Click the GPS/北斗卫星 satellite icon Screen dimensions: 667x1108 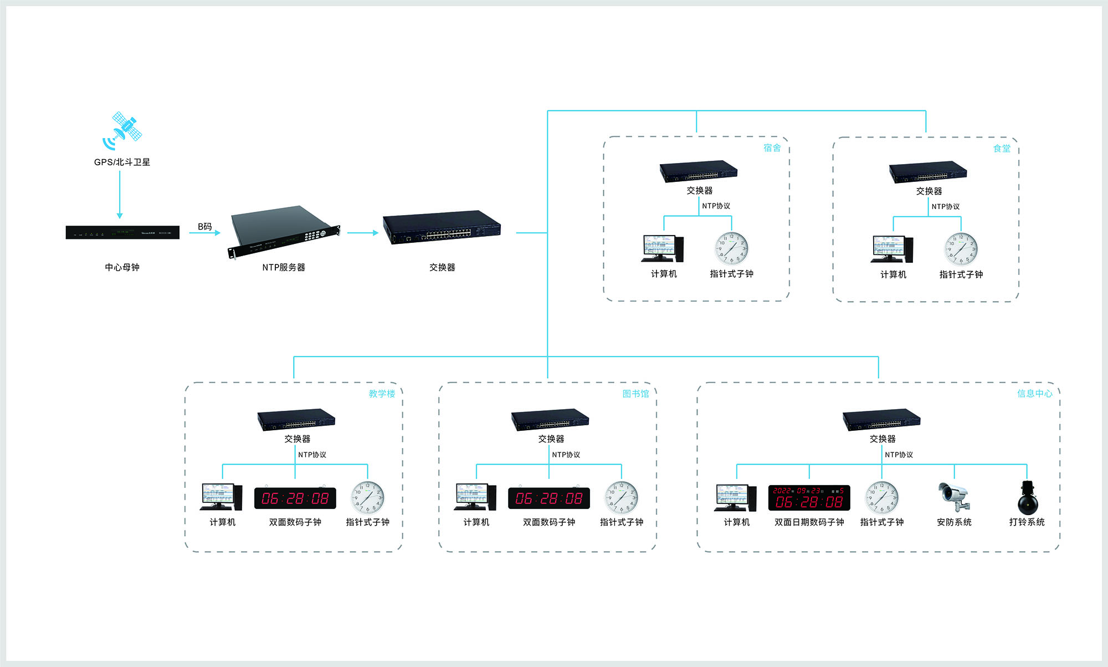coord(122,130)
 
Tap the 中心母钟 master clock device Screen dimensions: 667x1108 coord(122,232)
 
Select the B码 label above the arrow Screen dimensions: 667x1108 coord(205,226)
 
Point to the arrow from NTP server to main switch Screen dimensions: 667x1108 coord(362,233)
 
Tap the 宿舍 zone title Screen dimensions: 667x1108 coord(772,147)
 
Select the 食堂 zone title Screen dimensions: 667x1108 coord(1002,148)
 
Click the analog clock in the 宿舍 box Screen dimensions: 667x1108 coord(731,248)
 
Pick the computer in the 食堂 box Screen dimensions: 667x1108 coord(892,249)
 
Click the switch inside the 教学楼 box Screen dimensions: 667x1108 coord(296,420)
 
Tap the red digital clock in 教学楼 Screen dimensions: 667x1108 coord(295,498)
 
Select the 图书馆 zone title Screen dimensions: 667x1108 coord(635,394)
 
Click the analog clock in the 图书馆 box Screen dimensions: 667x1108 coord(621,497)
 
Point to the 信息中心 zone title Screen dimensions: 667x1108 coord(1034,394)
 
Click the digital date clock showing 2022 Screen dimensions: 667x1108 coord(809,497)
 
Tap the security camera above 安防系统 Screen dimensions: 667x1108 coord(954,496)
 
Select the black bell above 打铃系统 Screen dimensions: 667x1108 coord(1027,497)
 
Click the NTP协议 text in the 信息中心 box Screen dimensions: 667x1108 coord(899,455)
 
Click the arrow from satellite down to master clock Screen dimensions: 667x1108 coord(120,194)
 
